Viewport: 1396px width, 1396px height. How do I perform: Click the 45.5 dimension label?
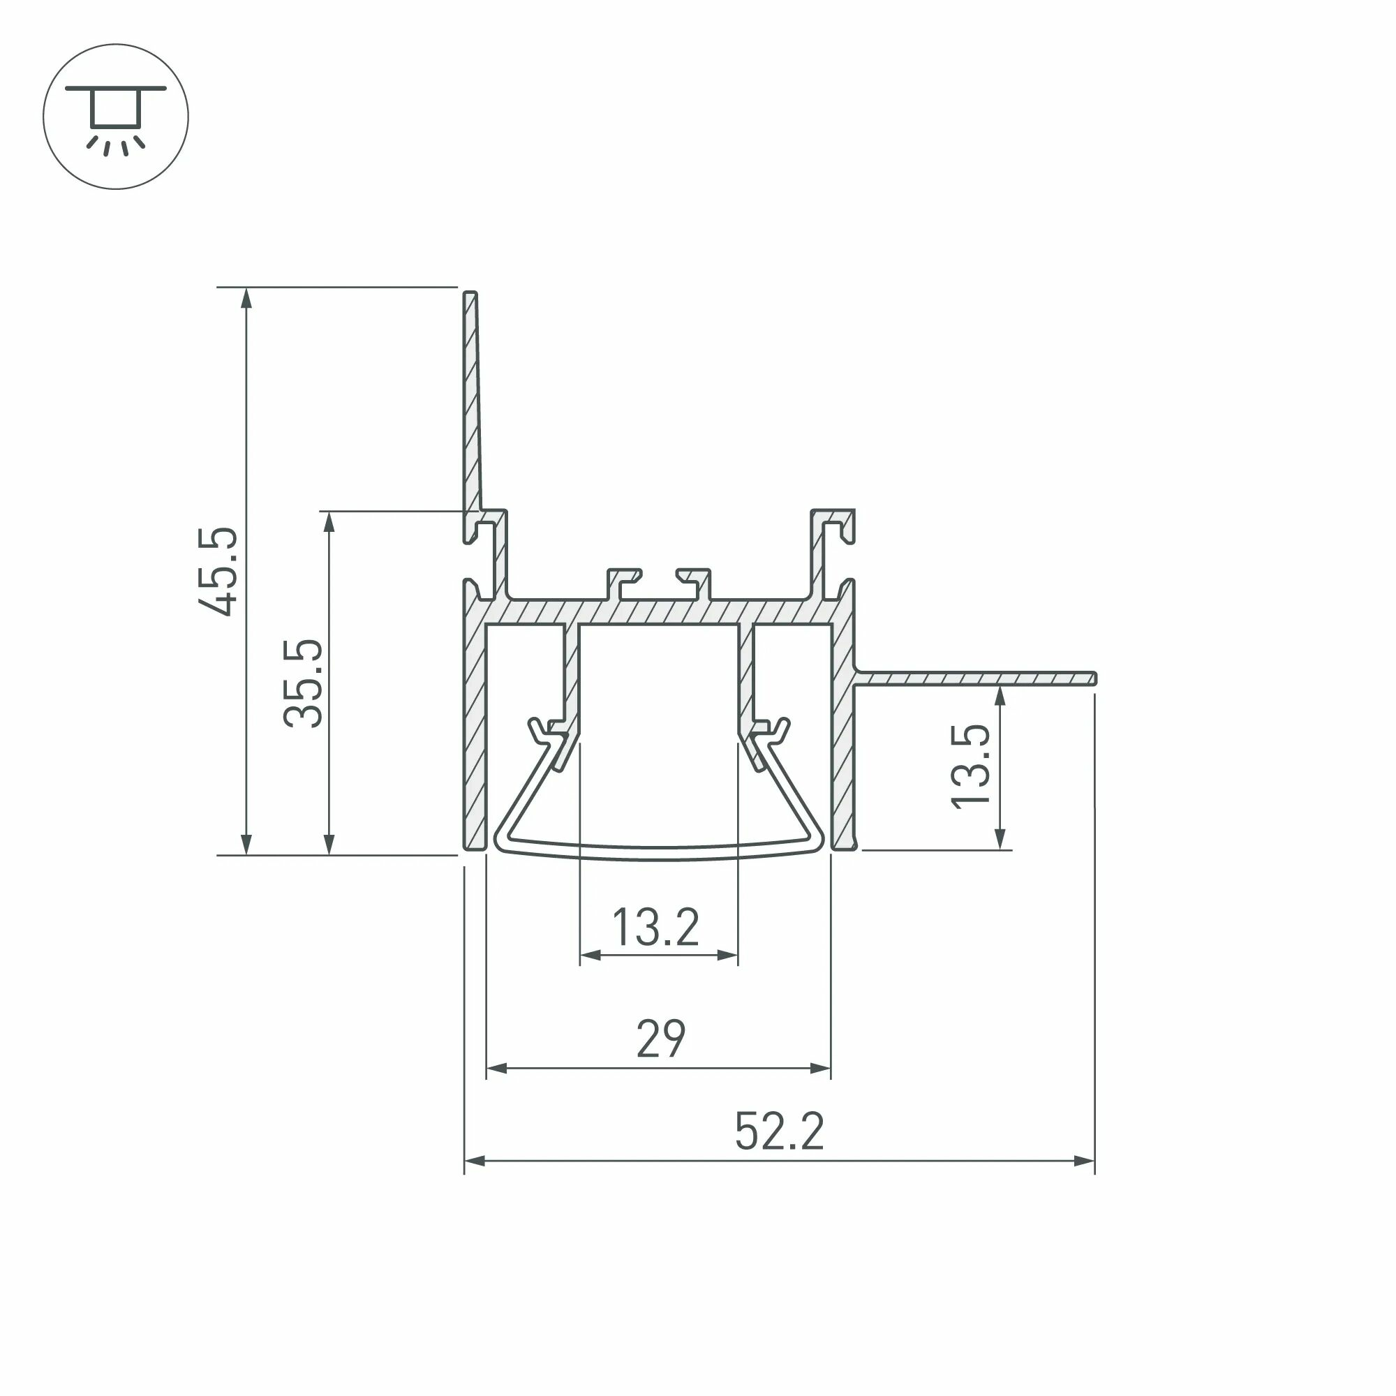point(218,572)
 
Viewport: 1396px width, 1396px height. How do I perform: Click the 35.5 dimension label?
point(302,683)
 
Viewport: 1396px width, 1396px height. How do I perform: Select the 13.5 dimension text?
point(970,766)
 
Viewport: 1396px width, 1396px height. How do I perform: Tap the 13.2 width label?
point(655,928)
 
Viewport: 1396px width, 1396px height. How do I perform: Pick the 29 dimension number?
point(660,1039)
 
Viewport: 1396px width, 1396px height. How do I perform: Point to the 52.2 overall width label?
point(779,1131)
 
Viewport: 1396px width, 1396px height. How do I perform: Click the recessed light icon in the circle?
point(116,117)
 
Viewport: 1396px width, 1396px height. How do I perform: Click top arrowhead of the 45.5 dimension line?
point(246,298)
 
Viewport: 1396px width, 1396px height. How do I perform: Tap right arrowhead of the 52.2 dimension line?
point(1085,1161)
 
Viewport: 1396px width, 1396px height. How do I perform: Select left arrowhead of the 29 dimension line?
point(496,1068)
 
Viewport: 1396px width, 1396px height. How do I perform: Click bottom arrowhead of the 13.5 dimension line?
point(1000,839)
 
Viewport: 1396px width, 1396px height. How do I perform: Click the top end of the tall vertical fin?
point(470,295)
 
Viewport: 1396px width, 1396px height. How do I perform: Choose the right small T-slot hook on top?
point(695,578)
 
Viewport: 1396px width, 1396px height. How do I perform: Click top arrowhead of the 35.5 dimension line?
point(329,521)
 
